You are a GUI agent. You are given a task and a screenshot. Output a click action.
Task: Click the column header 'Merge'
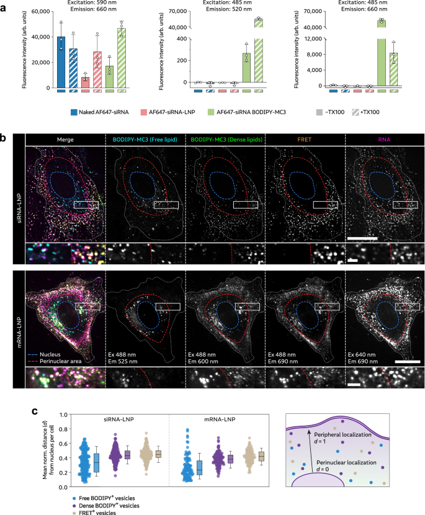pos(65,140)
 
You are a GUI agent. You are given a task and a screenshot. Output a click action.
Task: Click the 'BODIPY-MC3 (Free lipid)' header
pos(145,140)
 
